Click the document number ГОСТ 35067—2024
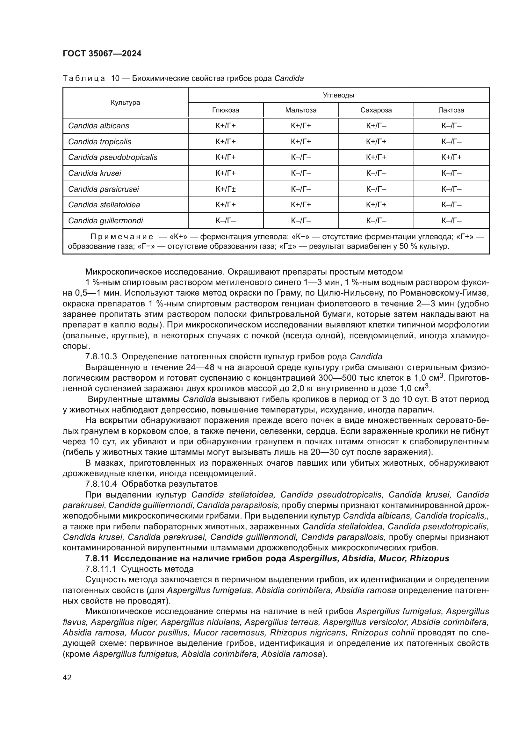click(102, 54)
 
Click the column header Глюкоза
click(226, 110)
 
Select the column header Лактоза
click(451, 110)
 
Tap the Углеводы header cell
click(338, 95)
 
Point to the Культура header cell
click(125, 103)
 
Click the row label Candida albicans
click(99, 125)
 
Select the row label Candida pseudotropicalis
click(112, 157)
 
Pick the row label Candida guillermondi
click(105, 221)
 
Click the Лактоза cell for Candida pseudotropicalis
click(451, 157)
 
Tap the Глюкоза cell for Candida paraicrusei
click(226, 189)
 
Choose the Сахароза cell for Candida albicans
click(376, 125)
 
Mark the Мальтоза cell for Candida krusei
click(301, 173)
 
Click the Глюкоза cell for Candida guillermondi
click(226, 221)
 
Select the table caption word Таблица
click(84, 78)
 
